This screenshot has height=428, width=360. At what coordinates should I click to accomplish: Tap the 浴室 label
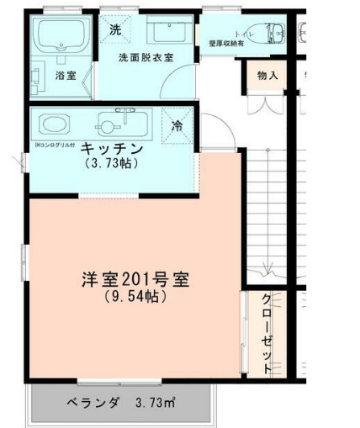click(66, 76)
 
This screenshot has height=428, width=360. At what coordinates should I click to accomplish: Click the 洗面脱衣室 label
click(146, 57)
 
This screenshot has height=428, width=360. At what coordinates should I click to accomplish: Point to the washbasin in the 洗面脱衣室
click(167, 32)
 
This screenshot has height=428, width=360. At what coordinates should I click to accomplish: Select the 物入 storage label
click(267, 76)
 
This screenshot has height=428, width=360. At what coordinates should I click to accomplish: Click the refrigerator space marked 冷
click(177, 125)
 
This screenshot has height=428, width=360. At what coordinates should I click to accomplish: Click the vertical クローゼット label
click(267, 333)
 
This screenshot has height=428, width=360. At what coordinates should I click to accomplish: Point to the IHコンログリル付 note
click(56, 145)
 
